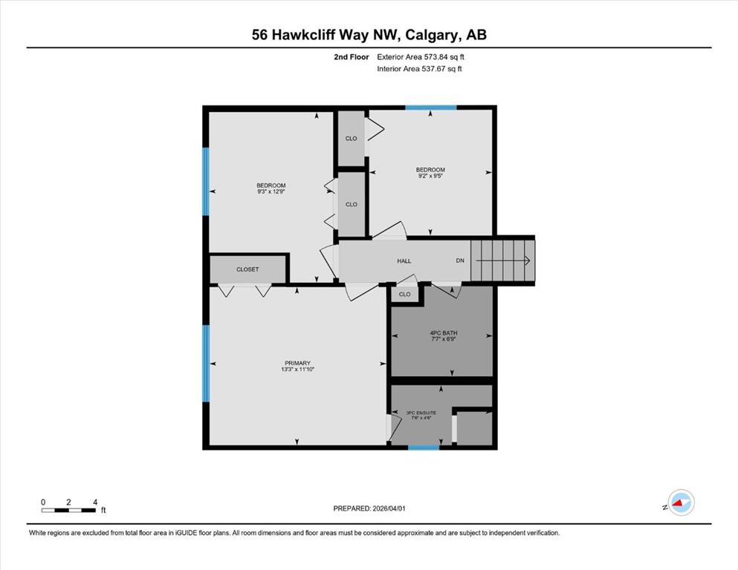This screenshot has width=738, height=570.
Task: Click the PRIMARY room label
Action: point(297,363)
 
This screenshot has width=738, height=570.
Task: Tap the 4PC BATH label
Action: point(444,332)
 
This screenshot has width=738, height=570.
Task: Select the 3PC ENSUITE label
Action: point(421,413)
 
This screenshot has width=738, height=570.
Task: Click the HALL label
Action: point(404,261)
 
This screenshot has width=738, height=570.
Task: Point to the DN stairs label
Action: point(460,261)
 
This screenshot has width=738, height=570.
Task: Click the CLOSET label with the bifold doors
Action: point(247,269)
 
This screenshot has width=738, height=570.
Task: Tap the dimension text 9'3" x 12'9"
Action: point(271,191)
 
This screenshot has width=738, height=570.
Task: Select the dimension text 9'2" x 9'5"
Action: point(430,176)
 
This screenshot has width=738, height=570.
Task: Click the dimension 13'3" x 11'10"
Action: point(297,370)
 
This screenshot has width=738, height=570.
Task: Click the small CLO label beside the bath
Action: point(405,294)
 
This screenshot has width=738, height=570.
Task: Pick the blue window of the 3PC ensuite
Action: point(424,448)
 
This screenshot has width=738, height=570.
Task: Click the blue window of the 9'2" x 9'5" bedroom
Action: point(431,108)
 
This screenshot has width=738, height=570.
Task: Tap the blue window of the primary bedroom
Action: point(206,363)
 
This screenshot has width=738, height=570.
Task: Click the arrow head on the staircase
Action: point(528,260)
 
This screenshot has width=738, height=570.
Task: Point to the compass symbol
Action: point(681,502)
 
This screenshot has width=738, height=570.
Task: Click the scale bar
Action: point(68,511)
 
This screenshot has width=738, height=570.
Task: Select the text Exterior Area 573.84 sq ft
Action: point(421,57)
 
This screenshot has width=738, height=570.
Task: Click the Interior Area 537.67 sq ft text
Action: point(419,68)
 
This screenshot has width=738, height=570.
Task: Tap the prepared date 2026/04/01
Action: point(389,508)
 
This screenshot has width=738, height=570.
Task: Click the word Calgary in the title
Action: point(433,35)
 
